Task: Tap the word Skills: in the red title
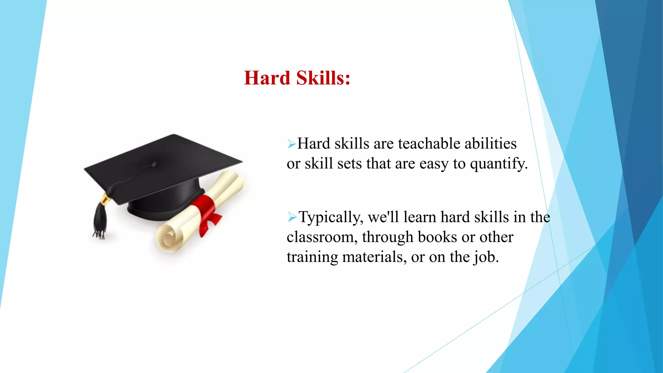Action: [323, 78]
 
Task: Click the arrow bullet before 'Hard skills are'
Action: [291, 144]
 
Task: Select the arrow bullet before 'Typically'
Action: [292, 217]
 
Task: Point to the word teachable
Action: [424, 143]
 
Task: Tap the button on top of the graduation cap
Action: [154, 164]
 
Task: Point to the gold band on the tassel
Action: [105, 198]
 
